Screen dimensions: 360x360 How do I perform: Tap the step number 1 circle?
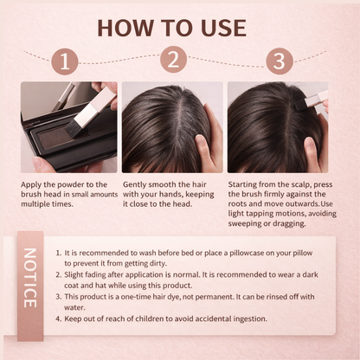point(68,61)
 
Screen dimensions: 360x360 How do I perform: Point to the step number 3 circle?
point(280,61)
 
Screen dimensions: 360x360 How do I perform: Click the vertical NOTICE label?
point(29,278)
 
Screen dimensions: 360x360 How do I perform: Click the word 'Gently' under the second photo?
point(138,185)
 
